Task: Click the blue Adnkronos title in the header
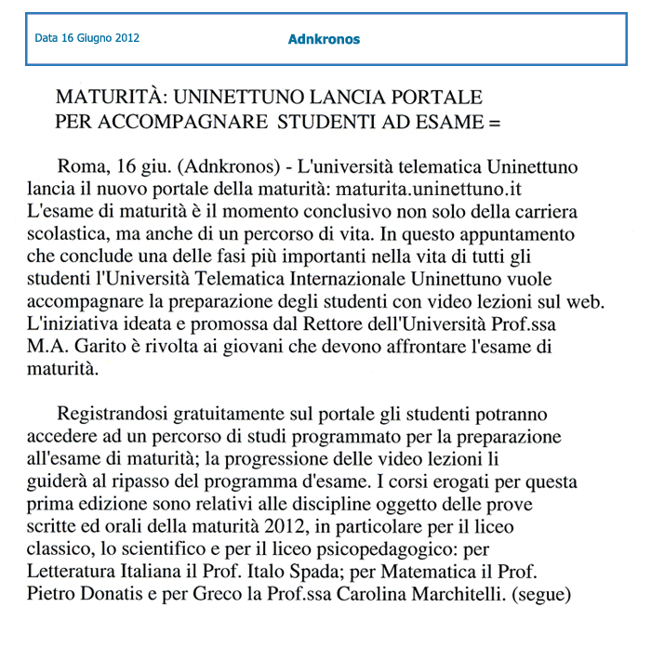point(324,39)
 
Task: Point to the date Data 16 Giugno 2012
point(87,39)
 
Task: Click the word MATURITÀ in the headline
point(110,98)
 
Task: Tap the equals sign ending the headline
point(494,121)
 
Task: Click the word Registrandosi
point(116,413)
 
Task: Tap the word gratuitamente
point(244,413)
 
